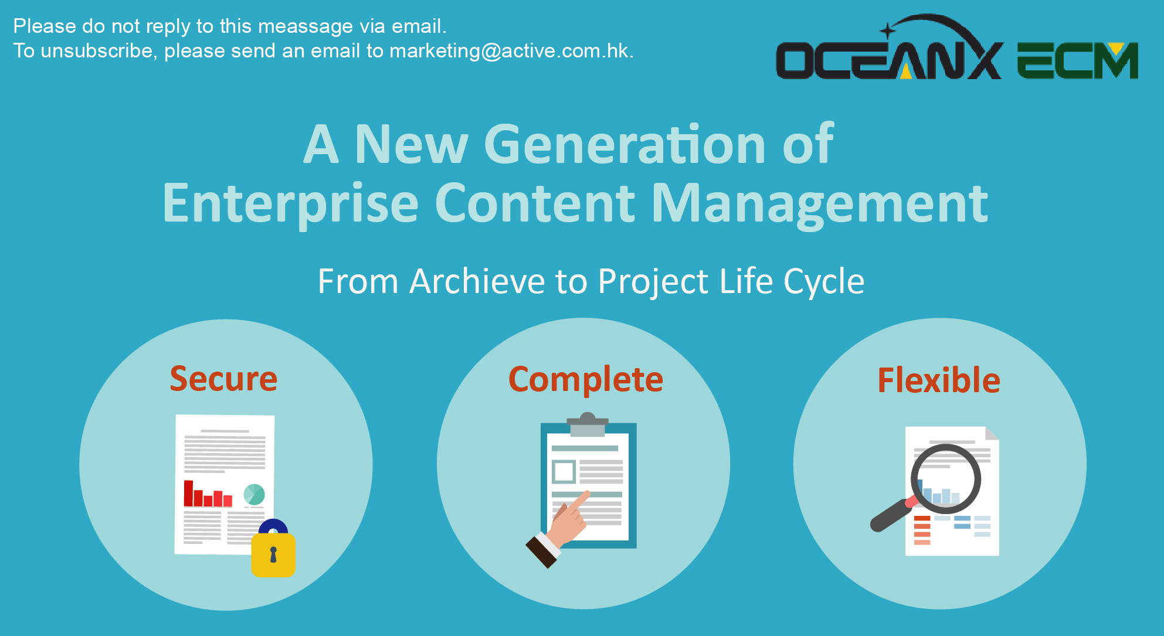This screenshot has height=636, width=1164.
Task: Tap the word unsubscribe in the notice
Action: point(97,51)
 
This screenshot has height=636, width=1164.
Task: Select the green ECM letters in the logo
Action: point(1078,60)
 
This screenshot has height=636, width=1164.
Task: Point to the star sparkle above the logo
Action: point(888,30)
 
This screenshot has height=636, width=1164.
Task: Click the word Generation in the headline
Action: point(624,144)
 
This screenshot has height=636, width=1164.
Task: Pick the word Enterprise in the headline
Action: point(290,204)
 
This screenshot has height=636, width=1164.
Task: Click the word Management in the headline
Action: point(820,204)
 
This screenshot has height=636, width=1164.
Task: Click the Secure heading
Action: point(223,379)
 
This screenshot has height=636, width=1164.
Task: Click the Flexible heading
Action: point(939,380)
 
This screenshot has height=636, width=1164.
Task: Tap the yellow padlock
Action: point(273,549)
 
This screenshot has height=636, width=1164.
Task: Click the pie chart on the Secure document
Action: point(254,494)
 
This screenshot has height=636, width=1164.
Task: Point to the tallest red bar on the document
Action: point(189,493)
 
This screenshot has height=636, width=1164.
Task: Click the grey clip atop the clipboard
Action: point(588,424)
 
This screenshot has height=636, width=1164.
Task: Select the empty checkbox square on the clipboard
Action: point(564,471)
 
